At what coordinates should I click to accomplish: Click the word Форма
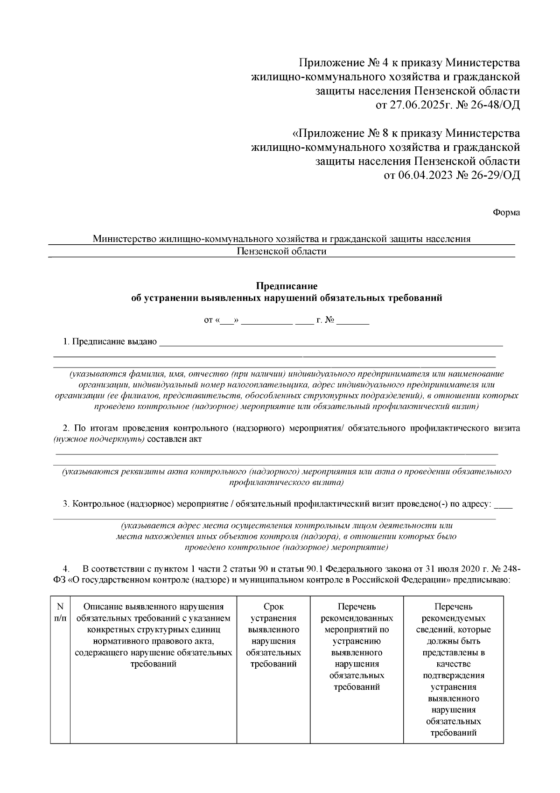pyautogui.click(x=506, y=213)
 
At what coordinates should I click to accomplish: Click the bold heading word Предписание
pyautogui.click(x=287, y=286)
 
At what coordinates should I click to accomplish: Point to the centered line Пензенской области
pyautogui.click(x=281, y=252)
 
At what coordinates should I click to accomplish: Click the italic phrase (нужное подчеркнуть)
pyautogui.click(x=98, y=439)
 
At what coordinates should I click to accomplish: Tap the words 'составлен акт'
pyautogui.click(x=174, y=439)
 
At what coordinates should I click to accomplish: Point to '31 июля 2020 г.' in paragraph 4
pyautogui.click(x=448, y=569)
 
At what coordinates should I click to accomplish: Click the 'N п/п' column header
pyautogui.click(x=60, y=612)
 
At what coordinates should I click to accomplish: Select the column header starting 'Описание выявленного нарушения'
pyautogui.click(x=153, y=635)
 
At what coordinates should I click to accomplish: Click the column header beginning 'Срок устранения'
pyautogui.click(x=273, y=635)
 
